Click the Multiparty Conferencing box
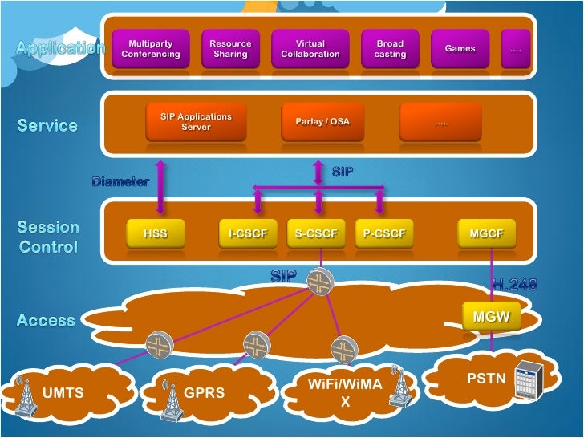[151, 49]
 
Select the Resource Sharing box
[230, 49]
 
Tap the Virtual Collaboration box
[310, 49]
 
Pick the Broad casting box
[390, 49]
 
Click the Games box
[460, 49]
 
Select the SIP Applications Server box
[196, 122]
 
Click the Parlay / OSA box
[317, 122]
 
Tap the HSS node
[155, 234]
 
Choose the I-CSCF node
[247, 234]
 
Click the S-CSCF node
[317, 234]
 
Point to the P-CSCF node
[384, 234]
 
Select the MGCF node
[486, 234]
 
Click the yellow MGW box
[491, 317]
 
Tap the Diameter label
[120, 181]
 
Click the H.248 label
[513, 284]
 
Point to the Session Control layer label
[48, 237]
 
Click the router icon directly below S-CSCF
[321, 280]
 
